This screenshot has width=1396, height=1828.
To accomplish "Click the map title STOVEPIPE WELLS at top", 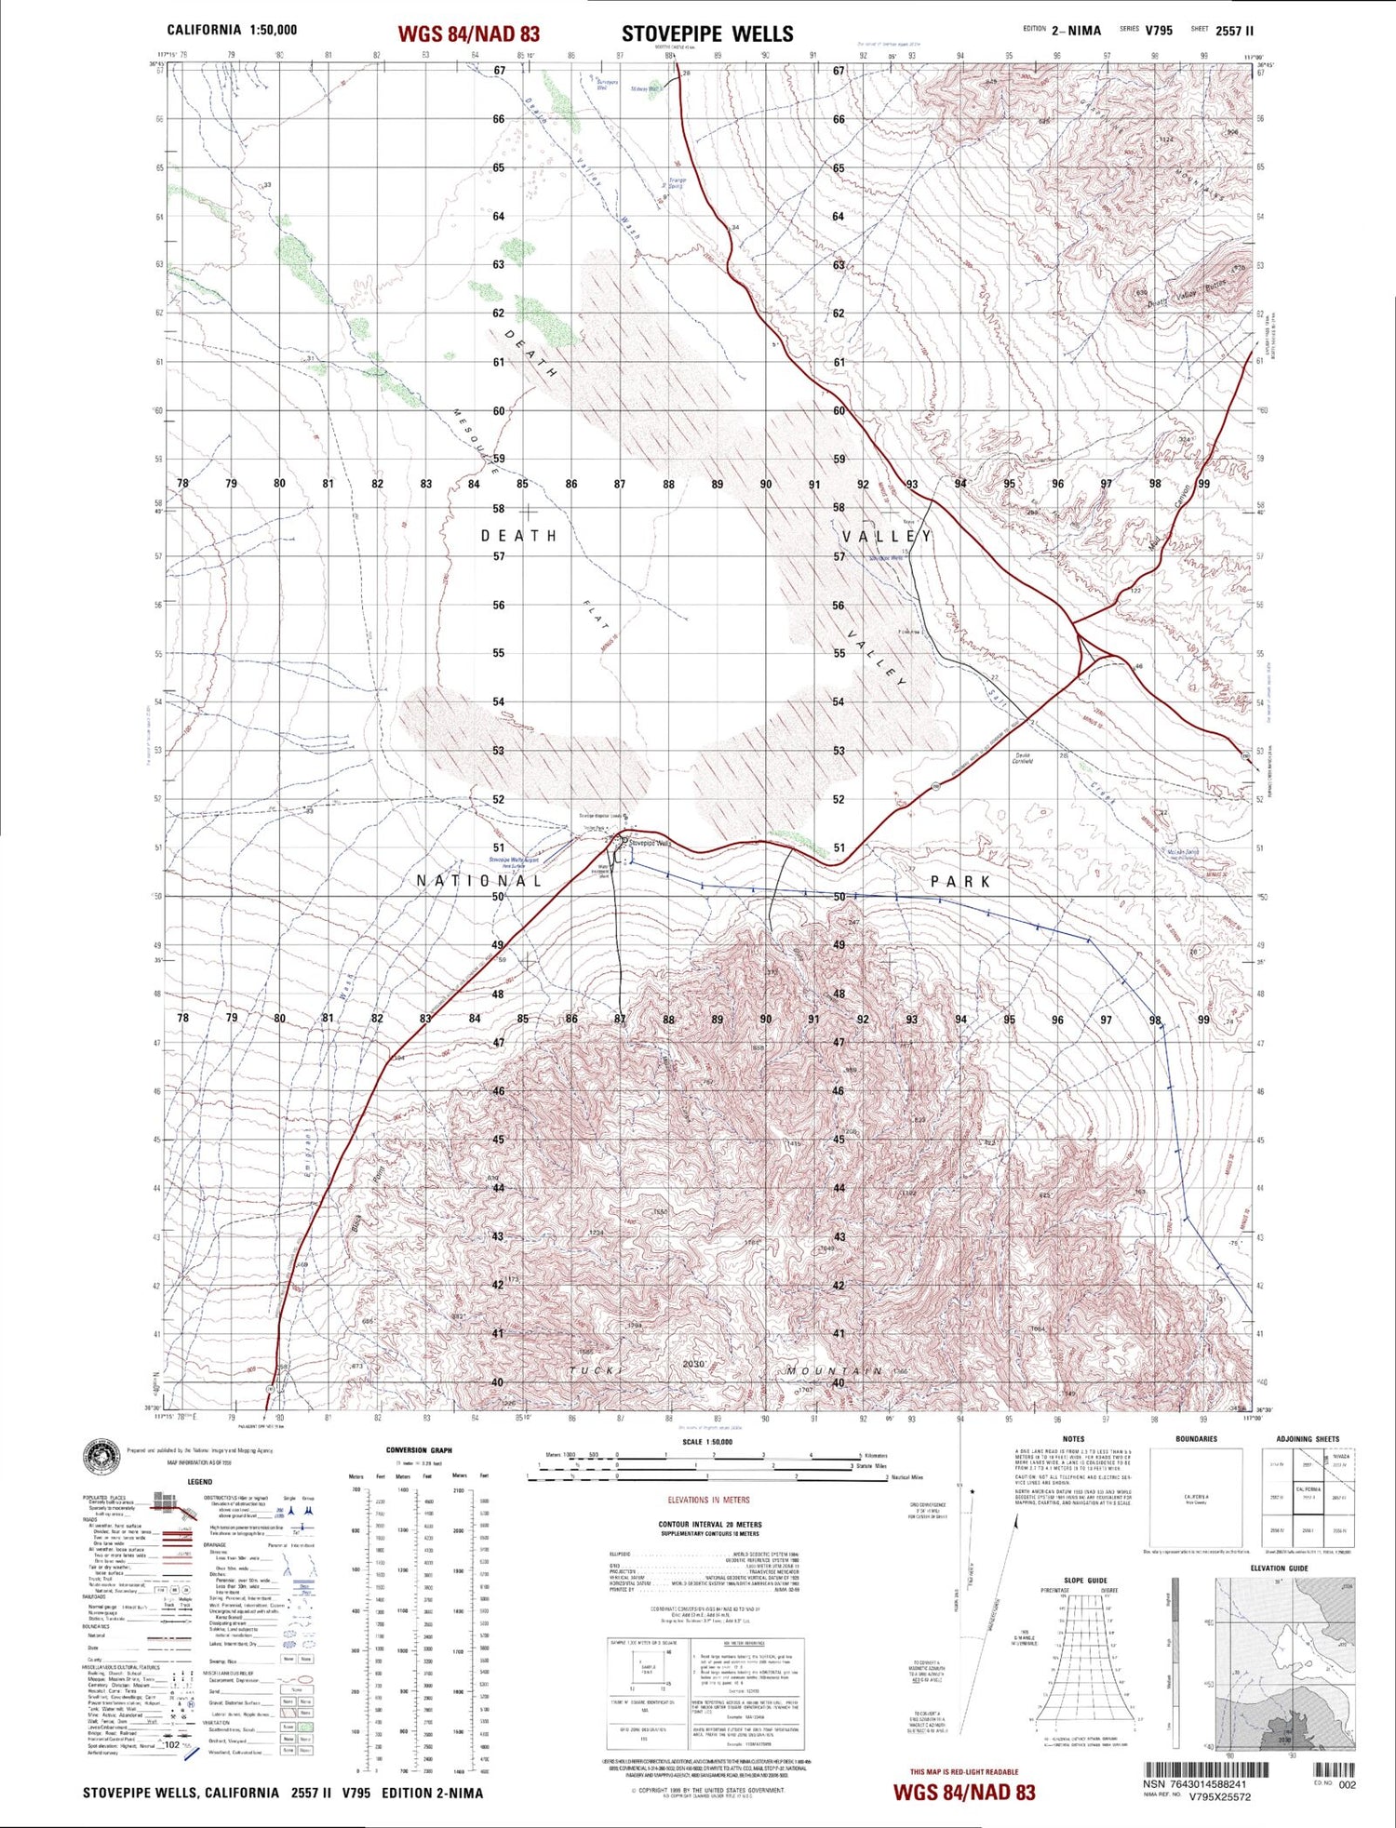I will [x=707, y=34].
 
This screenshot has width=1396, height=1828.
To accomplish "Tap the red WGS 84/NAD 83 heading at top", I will [x=468, y=34].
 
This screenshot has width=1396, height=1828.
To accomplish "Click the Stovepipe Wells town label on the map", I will [x=651, y=844].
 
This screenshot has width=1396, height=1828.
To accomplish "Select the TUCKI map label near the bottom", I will [x=594, y=1370].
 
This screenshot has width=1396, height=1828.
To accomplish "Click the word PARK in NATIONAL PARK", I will [x=960, y=881].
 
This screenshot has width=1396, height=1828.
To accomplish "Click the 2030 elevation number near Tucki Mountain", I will [x=693, y=1364].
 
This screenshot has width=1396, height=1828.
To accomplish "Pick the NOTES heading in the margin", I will [x=1072, y=1439].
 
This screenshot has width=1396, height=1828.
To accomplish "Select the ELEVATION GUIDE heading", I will [x=1280, y=1568].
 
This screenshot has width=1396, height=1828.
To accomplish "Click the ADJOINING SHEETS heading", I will [x=1308, y=1439].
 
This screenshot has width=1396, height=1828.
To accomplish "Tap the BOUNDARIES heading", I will [x=1196, y=1439].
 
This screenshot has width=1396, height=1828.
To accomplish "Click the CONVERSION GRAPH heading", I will [x=419, y=1450].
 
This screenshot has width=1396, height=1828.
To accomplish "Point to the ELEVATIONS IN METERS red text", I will [x=708, y=1500].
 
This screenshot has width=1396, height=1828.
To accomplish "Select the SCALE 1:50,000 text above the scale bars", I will [x=707, y=1442].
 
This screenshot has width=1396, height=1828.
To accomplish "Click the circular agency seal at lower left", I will [x=102, y=1457].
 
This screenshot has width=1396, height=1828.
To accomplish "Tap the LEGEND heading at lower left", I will [x=199, y=1481].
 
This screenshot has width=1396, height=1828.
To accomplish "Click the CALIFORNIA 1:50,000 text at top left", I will [x=232, y=30].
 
